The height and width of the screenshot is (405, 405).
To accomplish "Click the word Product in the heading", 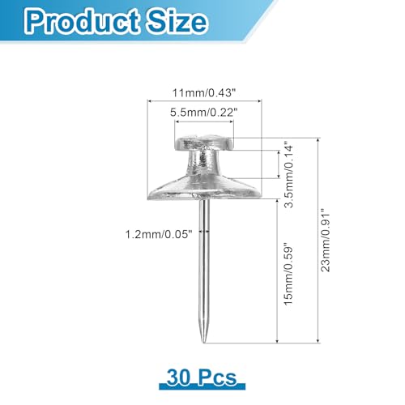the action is coord(83,22).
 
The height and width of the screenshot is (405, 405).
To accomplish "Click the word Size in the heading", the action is coord(177,20).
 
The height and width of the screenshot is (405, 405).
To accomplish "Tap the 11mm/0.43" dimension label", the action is coord(204,93).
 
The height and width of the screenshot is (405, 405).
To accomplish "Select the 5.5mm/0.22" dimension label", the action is coord(204,113).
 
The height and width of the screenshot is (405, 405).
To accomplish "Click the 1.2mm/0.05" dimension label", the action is coord(159,234).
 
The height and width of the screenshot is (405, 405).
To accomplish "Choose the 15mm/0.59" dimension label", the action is coord(288,275).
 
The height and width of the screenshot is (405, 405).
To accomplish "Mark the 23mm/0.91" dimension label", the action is coord(325,240).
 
